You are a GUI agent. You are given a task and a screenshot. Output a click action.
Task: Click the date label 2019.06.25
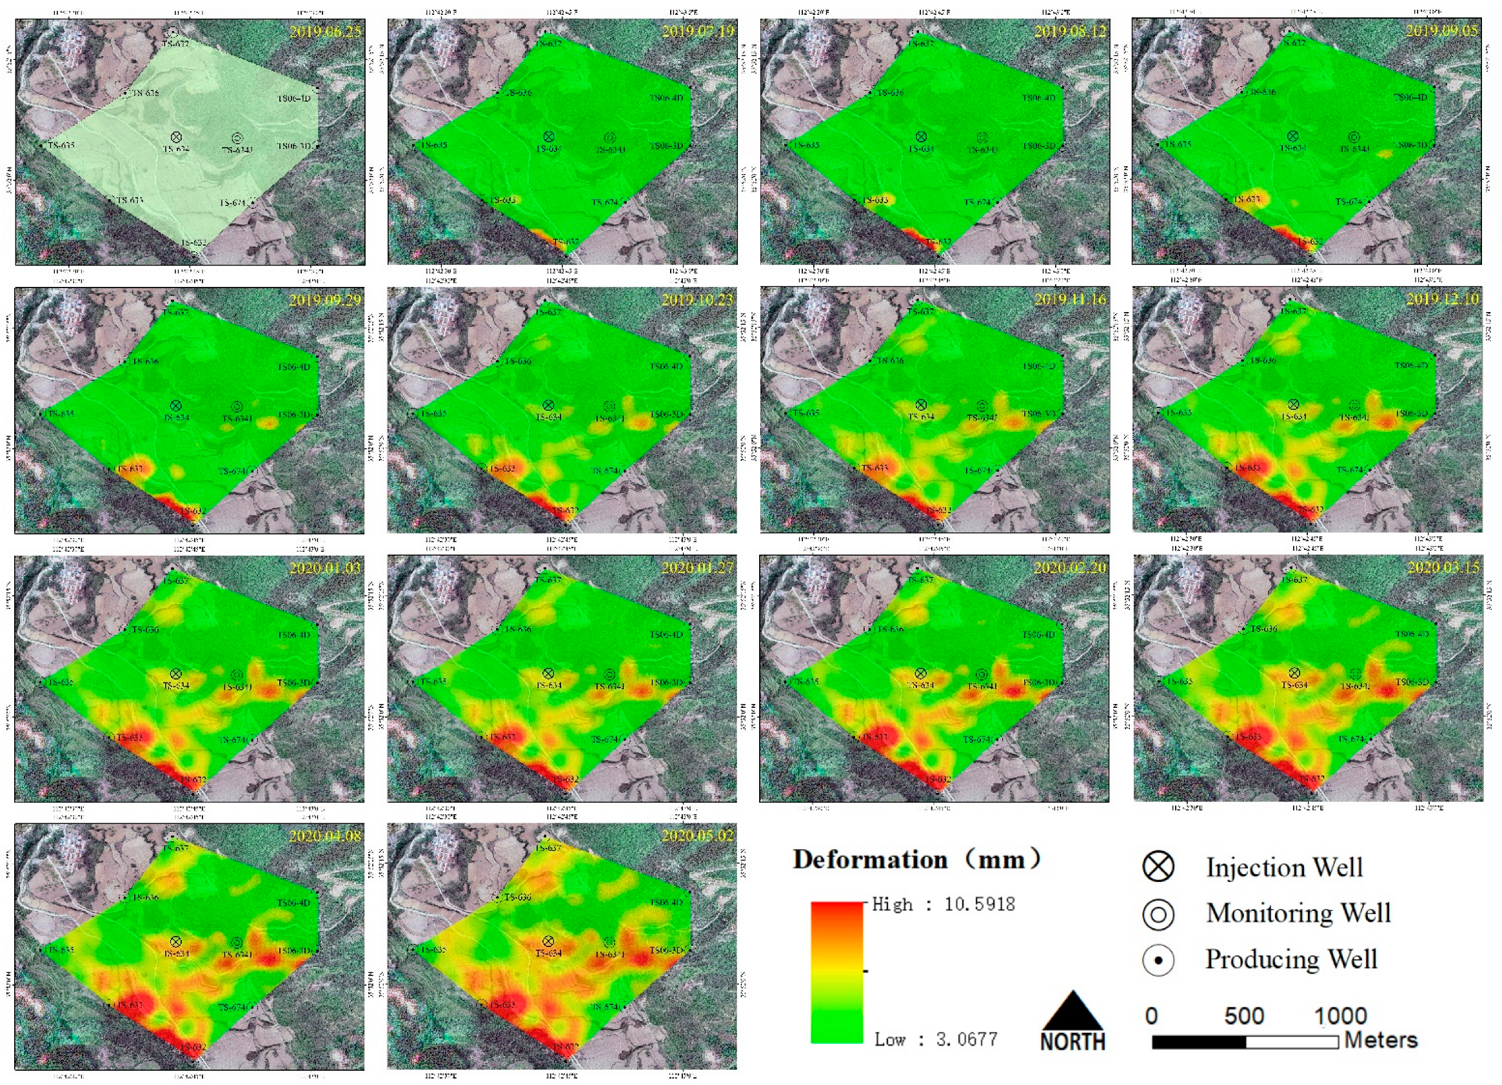pyautogui.click(x=325, y=31)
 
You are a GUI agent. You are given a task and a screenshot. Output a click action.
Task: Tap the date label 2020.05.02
pyautogui.click(x=697, y=836)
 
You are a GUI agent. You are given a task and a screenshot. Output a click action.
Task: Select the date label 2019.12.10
pyautogui.click(x=1443, y=299)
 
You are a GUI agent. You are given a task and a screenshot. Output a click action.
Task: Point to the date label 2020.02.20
pyautogui.click(x=1069, y=568)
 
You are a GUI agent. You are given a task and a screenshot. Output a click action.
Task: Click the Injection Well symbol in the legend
pyautogui.click(x=1158, y=866)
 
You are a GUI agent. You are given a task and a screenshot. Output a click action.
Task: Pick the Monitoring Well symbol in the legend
pyautogui.click(x=1158, y=914)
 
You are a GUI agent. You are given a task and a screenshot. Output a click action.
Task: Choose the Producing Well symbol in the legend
pyautogui.click(x=1158, y=960)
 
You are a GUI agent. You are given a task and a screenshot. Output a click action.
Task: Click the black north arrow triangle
pyautogui.click(x=1072, y=1011)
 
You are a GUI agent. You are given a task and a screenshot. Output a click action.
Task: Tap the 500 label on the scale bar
pyautogui.click(x=1244, y=1015)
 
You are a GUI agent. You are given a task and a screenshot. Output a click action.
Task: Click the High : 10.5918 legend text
pyautogui.click(x=943, y=904)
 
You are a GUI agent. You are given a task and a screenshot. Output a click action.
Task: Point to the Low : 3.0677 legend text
pyautogui.click(x=936, y=1039)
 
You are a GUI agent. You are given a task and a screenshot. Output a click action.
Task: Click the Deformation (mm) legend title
pyautogui.click(x=916, y=860)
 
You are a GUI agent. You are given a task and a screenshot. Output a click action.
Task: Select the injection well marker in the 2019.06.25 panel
pyautogui.click(x=176, y=137)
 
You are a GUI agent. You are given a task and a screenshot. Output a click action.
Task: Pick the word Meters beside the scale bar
pyautogui.click(x=1381, y=1040)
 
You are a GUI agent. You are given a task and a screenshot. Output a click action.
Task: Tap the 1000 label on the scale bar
pyautogui.click(x=1340, y=1015)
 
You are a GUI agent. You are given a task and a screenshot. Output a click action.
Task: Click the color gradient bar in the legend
pyautogui.click(x=836, y=972)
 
